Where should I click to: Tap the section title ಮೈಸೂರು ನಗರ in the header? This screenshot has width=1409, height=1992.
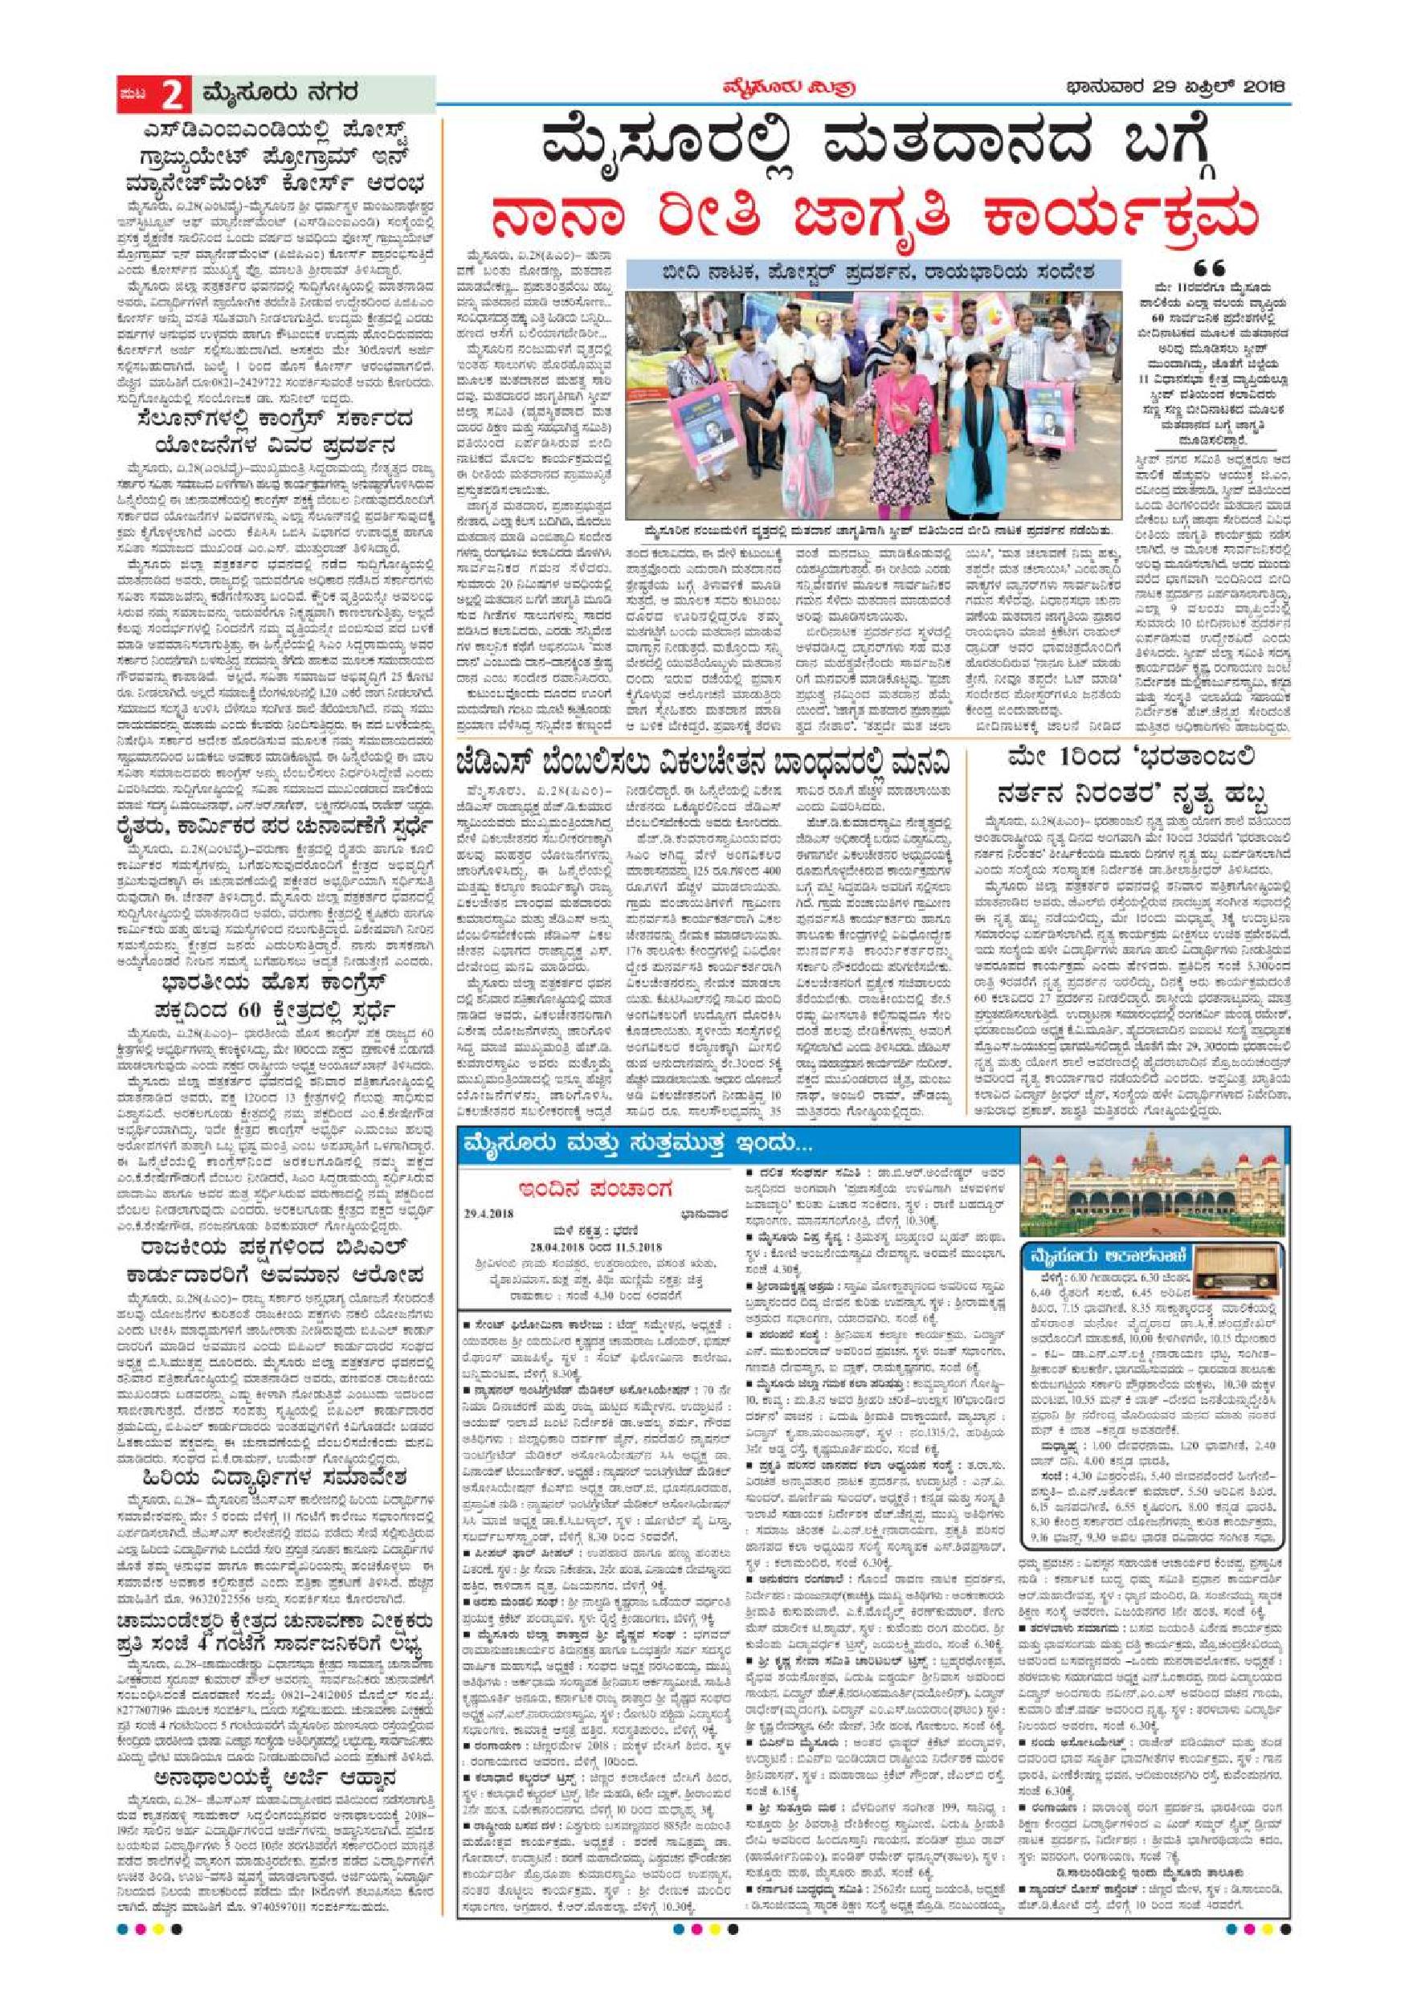tap(279, 94)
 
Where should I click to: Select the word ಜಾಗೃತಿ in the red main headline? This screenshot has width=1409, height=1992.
tap(896, 226)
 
